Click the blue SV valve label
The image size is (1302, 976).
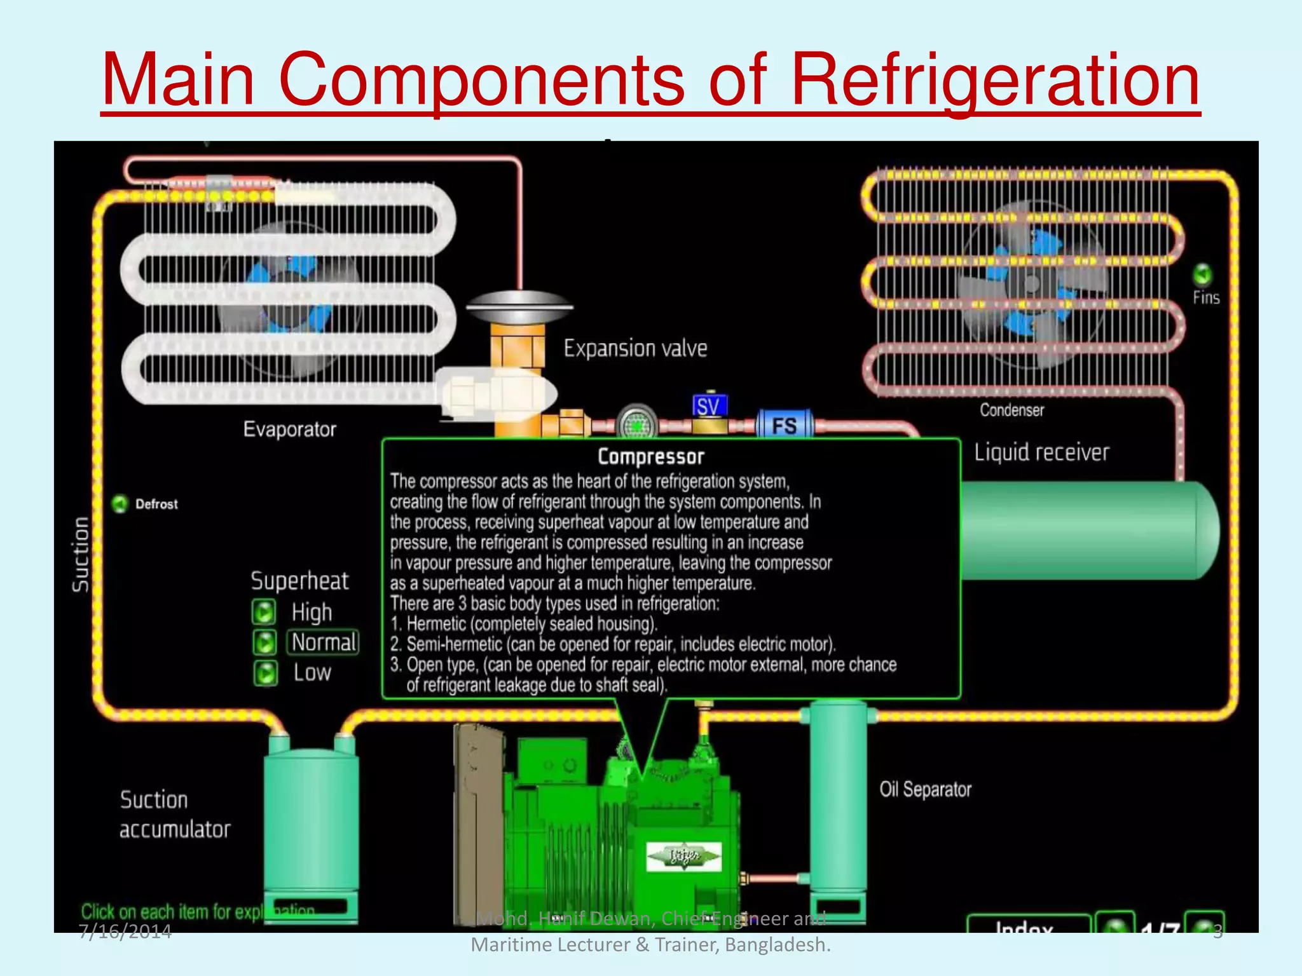coord(709,406)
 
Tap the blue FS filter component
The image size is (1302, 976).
coord(785,424)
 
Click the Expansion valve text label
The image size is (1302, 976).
coord(635,348)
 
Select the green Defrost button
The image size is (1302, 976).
coord(120,504)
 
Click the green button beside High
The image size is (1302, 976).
coord(264,612)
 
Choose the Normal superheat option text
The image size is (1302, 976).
coord(324,642)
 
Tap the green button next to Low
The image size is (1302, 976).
coord(266,673)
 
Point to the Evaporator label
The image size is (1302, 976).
coord(289,430)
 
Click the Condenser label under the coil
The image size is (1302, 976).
coord(1011,410)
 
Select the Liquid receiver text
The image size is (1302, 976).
coord(1041,452)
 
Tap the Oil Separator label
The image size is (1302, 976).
coord(925,789)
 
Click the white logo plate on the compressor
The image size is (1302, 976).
coord(683,856)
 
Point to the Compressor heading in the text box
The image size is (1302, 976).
coord(651,457)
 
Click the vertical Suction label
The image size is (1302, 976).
coord(80,555)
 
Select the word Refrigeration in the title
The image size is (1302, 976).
coord(994,80)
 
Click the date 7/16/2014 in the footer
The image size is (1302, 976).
coord(125,932)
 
